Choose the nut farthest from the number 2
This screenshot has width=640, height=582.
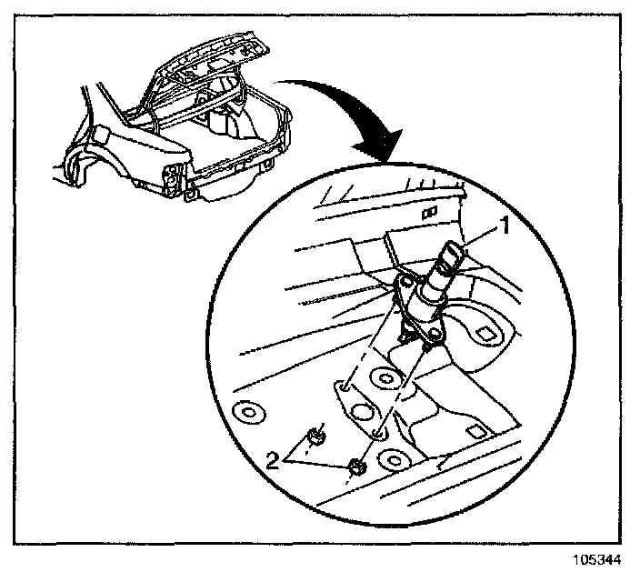click(356, 468)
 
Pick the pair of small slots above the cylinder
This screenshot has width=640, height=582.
click(429, 210)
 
